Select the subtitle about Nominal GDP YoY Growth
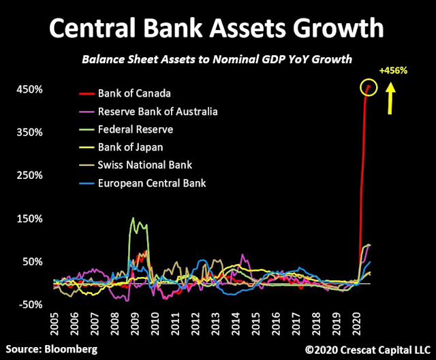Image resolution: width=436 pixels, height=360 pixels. tap(217, 59)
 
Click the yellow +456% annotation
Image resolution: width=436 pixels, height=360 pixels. tap(392, 70)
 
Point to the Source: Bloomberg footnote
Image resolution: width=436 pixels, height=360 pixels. tap(50, 349)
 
